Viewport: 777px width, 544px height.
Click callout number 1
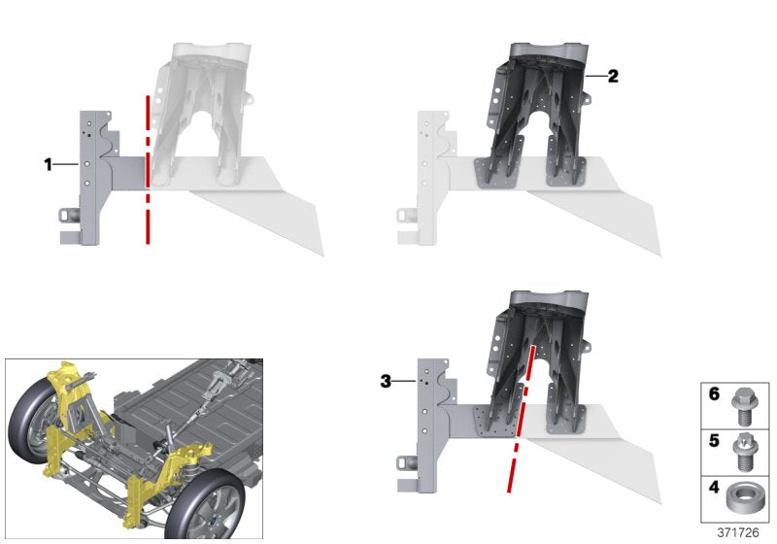48,164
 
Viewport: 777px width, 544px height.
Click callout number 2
613,77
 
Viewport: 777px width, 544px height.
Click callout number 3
386,382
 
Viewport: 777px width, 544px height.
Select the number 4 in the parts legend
714,488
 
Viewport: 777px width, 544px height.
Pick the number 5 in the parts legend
714,440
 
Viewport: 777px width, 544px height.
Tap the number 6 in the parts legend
714,393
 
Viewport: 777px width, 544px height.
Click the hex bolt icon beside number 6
742,406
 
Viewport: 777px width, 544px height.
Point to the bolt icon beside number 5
742,452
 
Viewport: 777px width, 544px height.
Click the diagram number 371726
738,532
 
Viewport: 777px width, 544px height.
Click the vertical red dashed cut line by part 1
148,169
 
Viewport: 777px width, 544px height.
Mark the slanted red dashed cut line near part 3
521,419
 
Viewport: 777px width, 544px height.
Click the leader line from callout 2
596,77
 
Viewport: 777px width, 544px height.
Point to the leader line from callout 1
66,164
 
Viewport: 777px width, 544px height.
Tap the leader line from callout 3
404,381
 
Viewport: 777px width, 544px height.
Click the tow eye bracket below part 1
69,216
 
